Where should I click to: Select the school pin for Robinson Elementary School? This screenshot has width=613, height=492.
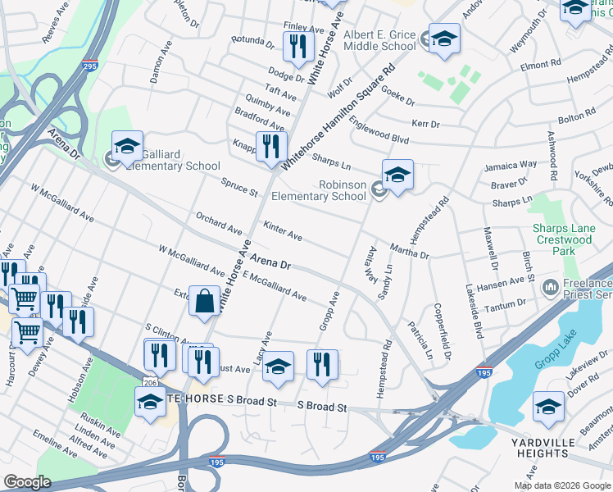click(x=397, y=175)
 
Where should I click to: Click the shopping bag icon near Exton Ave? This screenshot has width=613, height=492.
click(x=203, y=300)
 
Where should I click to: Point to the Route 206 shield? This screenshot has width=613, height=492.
click(x=168, y=382)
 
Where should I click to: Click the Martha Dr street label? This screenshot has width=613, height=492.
click(x=410, y=250)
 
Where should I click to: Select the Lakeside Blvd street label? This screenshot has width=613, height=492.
click(x=473, y=312)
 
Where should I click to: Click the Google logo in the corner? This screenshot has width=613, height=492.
click(x=27, y=482)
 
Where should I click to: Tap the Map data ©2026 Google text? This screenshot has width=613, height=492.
click(x=562, y=485)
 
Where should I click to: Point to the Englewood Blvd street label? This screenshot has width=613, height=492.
click(x=378, y=129)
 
